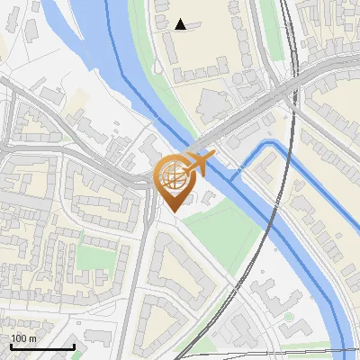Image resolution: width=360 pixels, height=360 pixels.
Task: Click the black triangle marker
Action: [x=181, y=24]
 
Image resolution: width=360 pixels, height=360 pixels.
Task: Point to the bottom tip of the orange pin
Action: [x=174, y=211]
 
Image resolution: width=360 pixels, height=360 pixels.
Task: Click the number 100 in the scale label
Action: [x=18, y=337]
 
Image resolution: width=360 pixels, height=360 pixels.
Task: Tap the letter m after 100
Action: [x=32, y=337]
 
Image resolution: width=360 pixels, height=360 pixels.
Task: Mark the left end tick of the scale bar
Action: [x=12, y=346]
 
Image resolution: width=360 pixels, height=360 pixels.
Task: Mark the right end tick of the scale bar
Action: [x=74, y=346]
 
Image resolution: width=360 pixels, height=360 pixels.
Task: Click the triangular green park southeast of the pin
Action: [x=229, y=229]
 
